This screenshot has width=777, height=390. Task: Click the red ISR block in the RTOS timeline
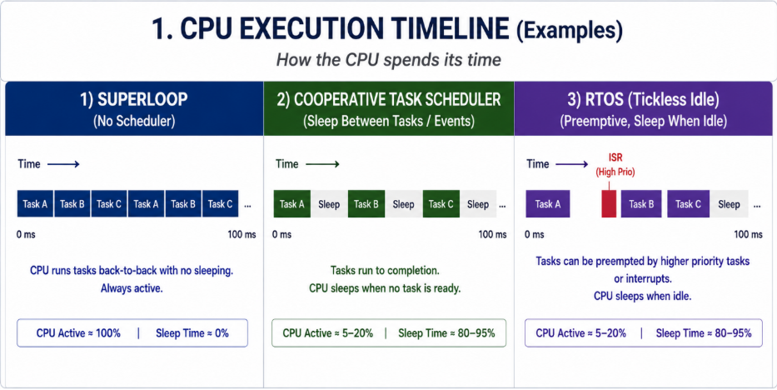pyautogui.click(x=609, y=203)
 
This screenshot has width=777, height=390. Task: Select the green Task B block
pyautogui.click(x=366, y=203)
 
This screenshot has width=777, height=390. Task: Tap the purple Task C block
pyautogui.click(x=688, y=203)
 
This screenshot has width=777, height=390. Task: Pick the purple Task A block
pyautogui.click(x=548, y=203)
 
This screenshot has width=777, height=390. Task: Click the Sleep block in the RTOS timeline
pyautogui.click(x=729, y=203)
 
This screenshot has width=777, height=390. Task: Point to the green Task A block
pyautogui.click(x=292, y=203)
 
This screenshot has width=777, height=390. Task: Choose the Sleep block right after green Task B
pyautogui.click(x=403, y=203)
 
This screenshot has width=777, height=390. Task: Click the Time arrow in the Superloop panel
pyautogui.click(x=63, y=164)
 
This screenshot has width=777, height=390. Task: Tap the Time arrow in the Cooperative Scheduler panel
pyautogui.click(x=323, y=164)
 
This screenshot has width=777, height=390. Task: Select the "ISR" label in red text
pyautogui.click(x=615, y=157)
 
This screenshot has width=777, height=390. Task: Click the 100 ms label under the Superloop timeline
pyautogui.click(x=242, y=234)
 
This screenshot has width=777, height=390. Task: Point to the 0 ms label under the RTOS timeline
pyautogui.click(x=534, y=234)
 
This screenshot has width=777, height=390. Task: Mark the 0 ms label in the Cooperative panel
pyautogui.click(x=282, y=234)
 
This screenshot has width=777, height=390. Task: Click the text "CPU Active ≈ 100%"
pyautogui.click(x=78, y=333)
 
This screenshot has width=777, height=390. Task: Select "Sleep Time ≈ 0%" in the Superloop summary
pyautogui.click(x=192, y=333)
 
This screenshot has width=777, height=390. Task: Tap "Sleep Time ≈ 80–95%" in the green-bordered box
pyautogui.click(x=446, y=333)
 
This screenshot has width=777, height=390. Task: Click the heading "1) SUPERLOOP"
pyautogui.click(x=134, y=100)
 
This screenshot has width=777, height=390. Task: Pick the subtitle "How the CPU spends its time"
pyautogui.click(x=388, y=60)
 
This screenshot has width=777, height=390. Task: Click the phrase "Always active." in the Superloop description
pyautogui.click(x=132, y=287)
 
